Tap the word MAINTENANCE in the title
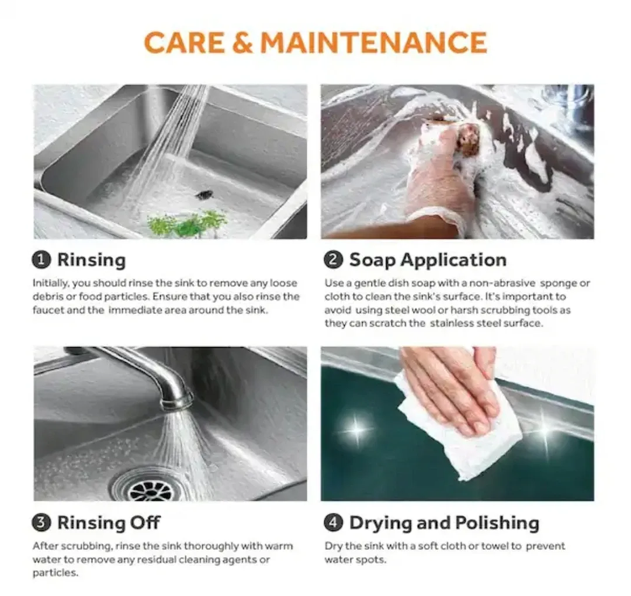(373, 43)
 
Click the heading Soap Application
(428, 260)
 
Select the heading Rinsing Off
(109, 523)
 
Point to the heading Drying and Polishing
(444, 523)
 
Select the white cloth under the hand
(462, 432)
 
